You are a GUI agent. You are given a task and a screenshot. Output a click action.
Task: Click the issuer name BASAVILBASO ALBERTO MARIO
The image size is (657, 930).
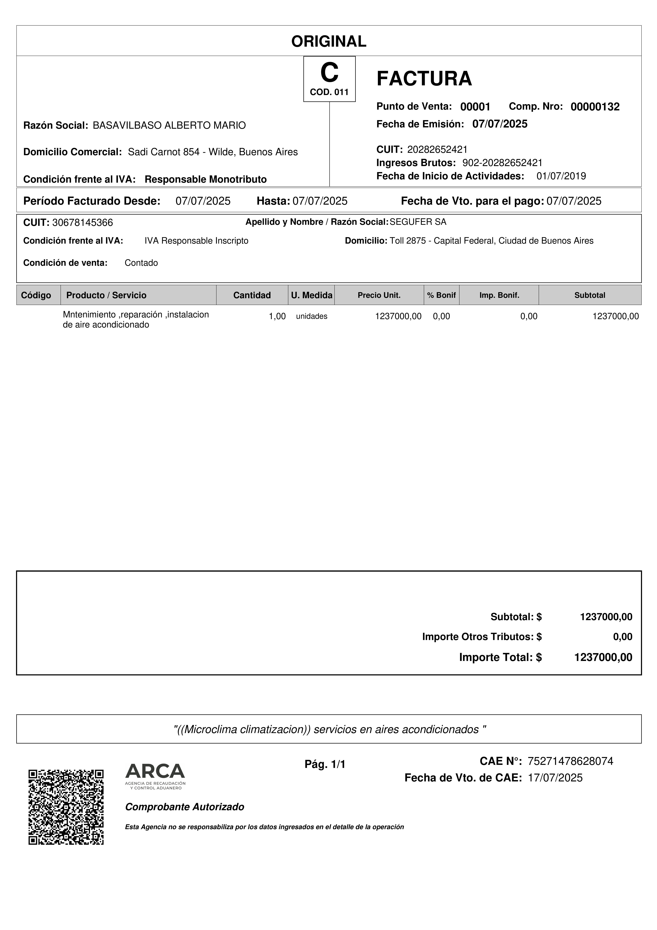point(169,126)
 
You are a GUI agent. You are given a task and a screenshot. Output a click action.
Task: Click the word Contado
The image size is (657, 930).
point(141,263)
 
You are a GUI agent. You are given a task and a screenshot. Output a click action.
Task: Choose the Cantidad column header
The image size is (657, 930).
point(252,295)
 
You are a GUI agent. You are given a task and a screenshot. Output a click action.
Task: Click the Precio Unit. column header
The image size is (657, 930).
point(379,295)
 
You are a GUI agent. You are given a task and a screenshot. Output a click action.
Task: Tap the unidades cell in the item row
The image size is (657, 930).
point(312,316)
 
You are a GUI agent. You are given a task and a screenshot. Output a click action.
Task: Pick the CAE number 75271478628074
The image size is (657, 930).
point(570,761)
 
